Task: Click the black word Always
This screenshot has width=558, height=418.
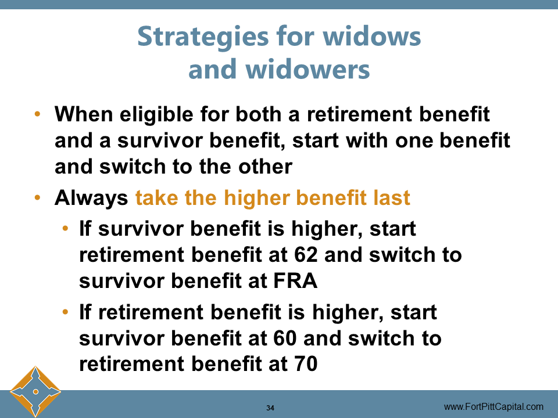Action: pyautogui.click(x=91, y=199)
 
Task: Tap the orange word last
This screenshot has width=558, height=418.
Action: pyautogui.click(x=391, y=199)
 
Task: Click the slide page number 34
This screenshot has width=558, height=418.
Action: pyautogui.click(x=270, y=408)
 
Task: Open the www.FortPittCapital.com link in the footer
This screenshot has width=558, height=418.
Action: pyautogui.click(x=493, y=406)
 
